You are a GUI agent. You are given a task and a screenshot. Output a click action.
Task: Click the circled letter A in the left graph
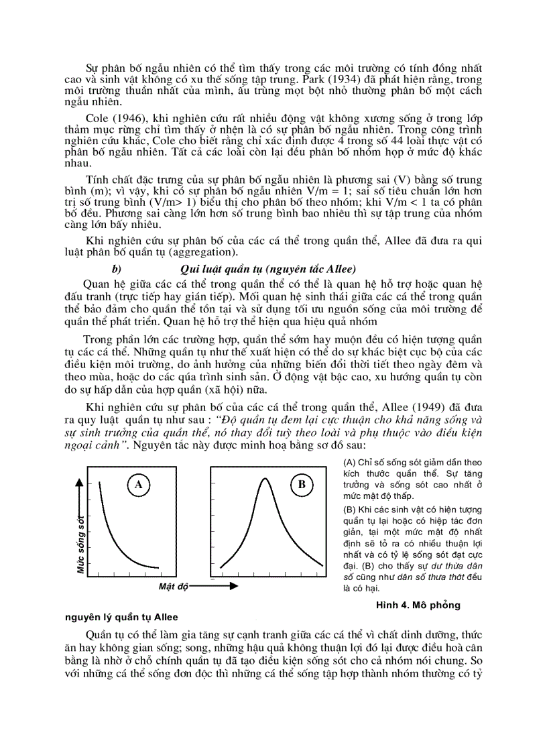pyautogui.click(x=138, y=484)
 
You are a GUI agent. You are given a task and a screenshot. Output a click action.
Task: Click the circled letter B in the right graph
pyautogui.click(x=302, y=484)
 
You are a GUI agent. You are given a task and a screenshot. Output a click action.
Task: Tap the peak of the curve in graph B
pyautogui.click(x=265, y=479)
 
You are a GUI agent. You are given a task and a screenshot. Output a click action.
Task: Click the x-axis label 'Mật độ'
pyautogui.click(x=174, y=587)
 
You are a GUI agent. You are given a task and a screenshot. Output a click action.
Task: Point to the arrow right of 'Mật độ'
pyautogui.click(x=215, y=586)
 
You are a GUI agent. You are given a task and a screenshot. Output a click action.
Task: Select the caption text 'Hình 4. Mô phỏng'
pyautogui.click(x=418, y=605)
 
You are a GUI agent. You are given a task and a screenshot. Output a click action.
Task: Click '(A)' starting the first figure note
pyautogui.click(x=349, y=463)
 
